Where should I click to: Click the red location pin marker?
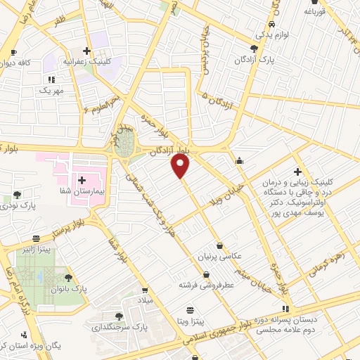tap(181, 167)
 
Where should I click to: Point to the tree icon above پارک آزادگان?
tap(254, 49)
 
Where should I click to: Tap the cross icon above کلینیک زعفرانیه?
tap(86, 51)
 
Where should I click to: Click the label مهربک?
tap(51, 91)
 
